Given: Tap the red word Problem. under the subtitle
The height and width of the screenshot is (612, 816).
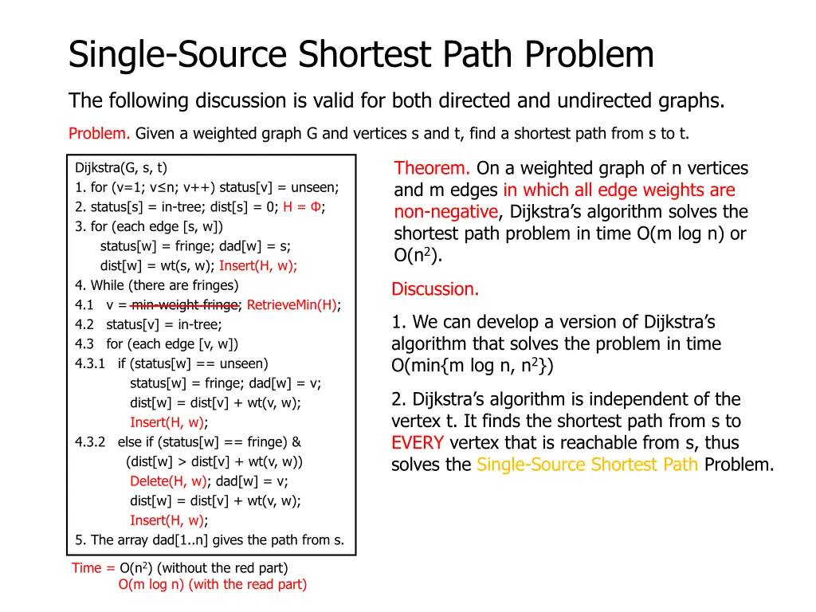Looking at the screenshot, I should point(100,133).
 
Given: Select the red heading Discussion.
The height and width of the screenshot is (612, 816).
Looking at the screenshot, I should point(435,289).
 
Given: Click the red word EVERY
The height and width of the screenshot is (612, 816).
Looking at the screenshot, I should point(418,443).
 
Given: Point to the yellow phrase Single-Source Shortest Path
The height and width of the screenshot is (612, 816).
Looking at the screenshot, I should point(587,465).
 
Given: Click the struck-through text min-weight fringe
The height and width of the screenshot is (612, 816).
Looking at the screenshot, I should point(185,305).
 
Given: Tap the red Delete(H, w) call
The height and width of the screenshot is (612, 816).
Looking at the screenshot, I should point(167,481).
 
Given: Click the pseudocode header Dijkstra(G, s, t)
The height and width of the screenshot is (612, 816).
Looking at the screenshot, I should point(121,167).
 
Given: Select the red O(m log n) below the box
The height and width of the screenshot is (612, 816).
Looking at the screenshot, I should point(151,585).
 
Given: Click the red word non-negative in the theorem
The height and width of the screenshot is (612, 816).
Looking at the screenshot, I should point(445,212).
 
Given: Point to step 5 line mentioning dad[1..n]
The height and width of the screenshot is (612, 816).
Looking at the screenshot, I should point(210,540).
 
